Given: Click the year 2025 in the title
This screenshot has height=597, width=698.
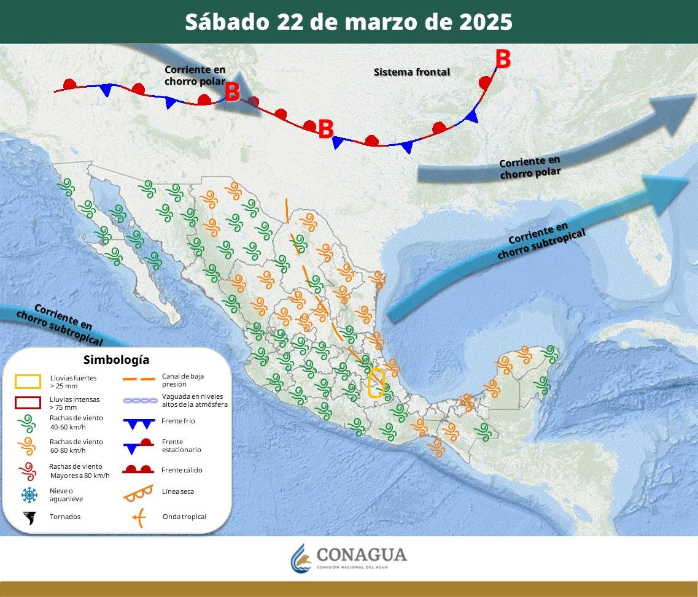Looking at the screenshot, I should [x=484, y=22].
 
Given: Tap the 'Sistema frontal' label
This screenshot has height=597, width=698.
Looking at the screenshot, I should [x=412, y=72].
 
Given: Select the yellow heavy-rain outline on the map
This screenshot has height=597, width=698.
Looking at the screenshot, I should [x=376, y=383].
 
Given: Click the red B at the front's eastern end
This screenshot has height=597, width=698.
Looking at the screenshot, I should [x=503, y=60].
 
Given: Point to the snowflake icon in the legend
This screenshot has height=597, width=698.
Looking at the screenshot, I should [x=28, y=495].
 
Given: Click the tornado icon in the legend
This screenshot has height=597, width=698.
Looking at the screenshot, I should [x=28, y=517].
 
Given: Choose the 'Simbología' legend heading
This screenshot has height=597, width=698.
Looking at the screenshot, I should [x=116, y=360].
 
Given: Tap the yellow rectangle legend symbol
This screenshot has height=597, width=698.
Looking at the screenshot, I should [x=28, y=382].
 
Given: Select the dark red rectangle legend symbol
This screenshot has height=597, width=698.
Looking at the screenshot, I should [x=28, y=403].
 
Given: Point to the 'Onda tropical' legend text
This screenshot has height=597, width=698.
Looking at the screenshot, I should [x=184, y=517].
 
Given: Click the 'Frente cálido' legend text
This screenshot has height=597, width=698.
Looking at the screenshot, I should [x=182, y=470].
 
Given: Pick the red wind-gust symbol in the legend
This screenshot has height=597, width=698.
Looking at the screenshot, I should [x=28, y=471].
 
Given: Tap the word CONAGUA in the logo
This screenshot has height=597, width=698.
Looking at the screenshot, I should [x=362, y=555].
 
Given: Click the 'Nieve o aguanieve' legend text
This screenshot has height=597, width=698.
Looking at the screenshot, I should [x=61, y=495].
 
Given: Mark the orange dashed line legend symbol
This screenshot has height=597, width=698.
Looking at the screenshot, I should [x=138, y=380].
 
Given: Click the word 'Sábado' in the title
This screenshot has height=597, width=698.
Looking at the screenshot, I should [x=227, y=22].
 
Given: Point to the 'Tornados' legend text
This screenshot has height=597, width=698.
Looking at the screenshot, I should [x=65, y=517].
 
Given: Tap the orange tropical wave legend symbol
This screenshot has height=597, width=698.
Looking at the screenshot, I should [x=139, y=518].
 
